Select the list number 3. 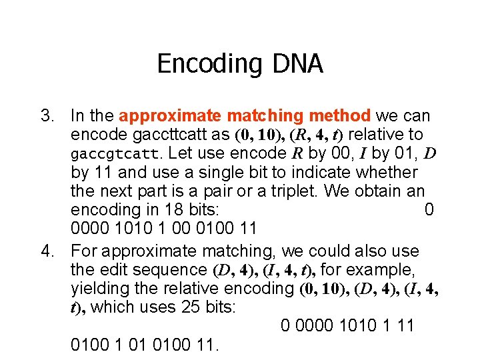47,116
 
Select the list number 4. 47,251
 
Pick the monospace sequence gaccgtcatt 115,155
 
